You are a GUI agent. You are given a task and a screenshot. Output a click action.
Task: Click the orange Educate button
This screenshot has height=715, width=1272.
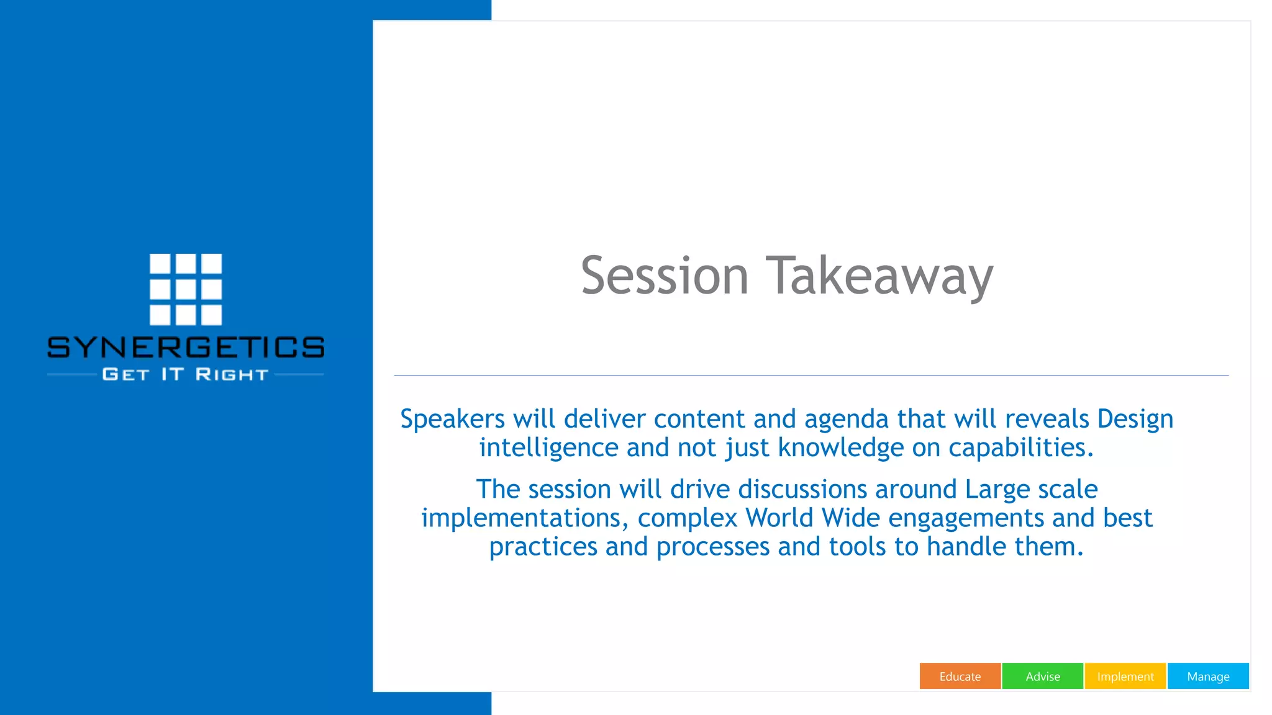click(960, 677)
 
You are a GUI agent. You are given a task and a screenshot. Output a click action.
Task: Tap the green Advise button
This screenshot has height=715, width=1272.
click(1042, 677)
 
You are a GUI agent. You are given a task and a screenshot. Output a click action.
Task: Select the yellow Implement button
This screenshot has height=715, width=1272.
click(1125, 677)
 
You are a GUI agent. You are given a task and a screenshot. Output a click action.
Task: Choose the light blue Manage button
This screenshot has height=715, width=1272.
click(1208, 677)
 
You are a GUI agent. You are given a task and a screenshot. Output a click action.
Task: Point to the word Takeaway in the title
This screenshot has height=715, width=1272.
click(879, 276)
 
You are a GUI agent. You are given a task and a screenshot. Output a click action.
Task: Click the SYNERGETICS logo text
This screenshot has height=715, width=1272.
click(186, 348)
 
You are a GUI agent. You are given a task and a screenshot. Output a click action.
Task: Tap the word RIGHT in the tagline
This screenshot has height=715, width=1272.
click(232, 375)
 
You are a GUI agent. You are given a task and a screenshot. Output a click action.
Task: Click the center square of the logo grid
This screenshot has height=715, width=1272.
click(186, 289)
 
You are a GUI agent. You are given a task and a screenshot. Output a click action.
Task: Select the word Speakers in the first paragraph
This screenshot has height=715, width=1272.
click(452, 419)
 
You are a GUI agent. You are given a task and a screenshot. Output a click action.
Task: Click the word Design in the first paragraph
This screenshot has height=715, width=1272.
click(1135, 419)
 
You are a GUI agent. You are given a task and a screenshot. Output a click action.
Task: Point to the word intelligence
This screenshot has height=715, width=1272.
click(548, 448)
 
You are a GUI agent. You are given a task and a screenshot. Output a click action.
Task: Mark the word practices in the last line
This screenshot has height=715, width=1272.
click(543, 547)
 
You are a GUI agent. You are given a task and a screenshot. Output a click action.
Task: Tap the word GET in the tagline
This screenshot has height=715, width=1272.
click(126, 375)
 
